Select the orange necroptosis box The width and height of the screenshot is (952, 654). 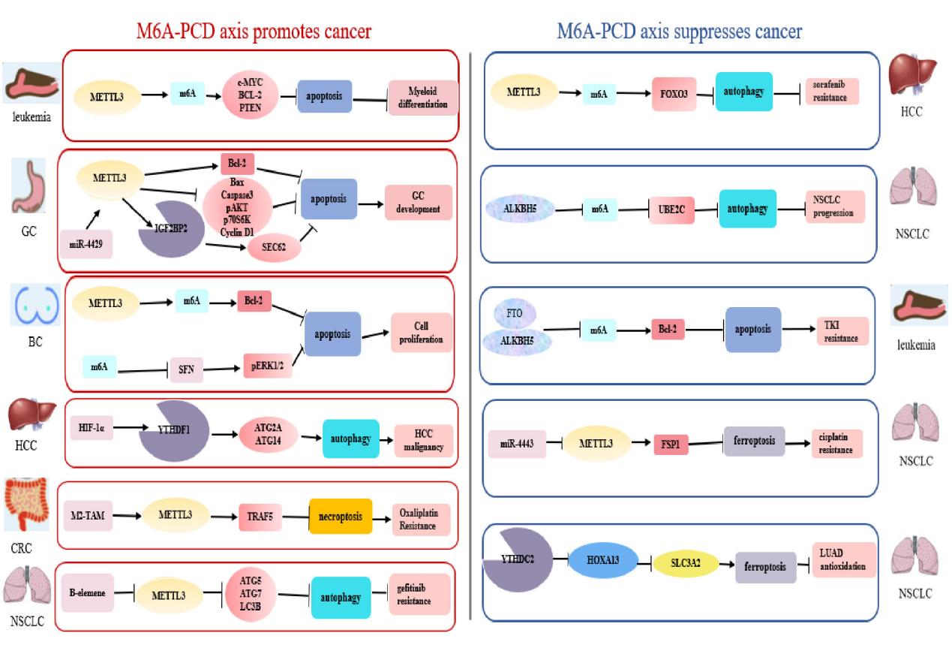pos(341,517)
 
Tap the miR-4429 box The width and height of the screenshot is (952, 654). pos(86,244)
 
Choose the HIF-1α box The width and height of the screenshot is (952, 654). pos(90,429)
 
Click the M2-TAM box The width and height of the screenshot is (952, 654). pos(89,517)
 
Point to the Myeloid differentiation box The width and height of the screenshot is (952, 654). pos(422,98)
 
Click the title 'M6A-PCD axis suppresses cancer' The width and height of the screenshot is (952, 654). pos(679,32)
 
